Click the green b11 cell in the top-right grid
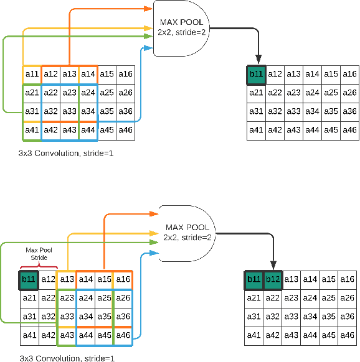click(x=256, y=74)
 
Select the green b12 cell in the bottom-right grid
click(x=273, y=279)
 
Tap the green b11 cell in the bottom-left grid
click(x=29, y=279)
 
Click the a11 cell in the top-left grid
click(x=32, y=74)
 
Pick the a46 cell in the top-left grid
click(x=125, y=130)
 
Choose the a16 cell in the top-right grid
click(x=349, y=74)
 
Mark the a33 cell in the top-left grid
click(x=69, y=111)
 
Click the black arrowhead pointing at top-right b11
click(x=256, y=61)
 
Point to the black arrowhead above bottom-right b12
click(x=273, y=266)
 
